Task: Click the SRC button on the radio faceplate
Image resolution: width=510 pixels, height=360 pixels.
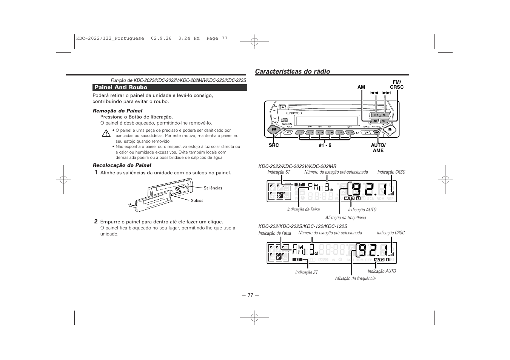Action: pyautogui.click(x=273, y=131)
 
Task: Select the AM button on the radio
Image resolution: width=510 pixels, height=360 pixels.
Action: pyautogui.click(x=374, y=121)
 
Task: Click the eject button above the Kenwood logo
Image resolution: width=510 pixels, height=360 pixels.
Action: pyautogui.click(x=282, y=106)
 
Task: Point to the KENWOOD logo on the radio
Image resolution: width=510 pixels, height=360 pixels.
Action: pyautogui.click(x=293, y=113)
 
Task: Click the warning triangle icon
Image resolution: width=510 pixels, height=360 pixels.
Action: pyautogui.click(x=106, y=133)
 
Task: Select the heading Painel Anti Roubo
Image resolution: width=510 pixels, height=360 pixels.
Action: pyautogui.click(x=121, y=88)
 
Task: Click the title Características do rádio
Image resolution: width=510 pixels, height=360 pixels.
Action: pyautogui.click(x=292, y=71)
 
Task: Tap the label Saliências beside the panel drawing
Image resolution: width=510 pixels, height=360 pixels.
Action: pyautogui.click(x=213, y=188)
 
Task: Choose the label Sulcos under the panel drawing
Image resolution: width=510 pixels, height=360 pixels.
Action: pyautogui.click(x=197, y=200)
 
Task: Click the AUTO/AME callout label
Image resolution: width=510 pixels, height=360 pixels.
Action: pyautogui.click(x=378, y=148)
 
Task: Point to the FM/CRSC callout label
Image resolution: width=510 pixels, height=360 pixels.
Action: pyautogui.click(x=396, y=85)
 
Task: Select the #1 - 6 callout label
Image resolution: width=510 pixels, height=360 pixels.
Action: pyautogui.click(x=325, y=145)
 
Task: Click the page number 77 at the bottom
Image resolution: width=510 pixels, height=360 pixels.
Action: pyautogui.click(x=250, y=295)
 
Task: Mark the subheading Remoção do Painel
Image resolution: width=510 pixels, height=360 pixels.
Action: pyautogui.click(x=117, y=111)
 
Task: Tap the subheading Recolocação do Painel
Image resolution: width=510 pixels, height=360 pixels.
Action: pyautogui.click(x=122, y=165)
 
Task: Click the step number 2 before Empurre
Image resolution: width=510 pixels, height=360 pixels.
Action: pyautogui.click(x=96, y=222)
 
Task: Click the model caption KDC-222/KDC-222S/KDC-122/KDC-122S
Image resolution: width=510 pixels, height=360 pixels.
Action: pyautogui.click(x=303, y=226)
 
